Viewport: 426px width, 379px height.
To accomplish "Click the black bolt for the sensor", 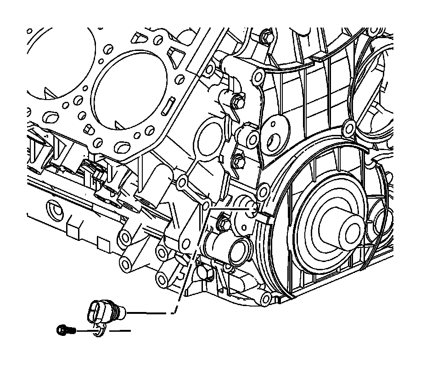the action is coord(63,329).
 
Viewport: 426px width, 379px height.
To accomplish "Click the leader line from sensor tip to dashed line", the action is coord(149,313).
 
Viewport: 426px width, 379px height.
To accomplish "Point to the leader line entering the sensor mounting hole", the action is coord(230,208).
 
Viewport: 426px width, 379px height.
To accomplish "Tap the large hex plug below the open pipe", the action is coord(205,273).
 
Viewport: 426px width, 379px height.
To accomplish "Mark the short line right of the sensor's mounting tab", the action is coord(120,330).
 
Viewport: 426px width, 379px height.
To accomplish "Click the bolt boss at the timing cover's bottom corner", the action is coord(265,299).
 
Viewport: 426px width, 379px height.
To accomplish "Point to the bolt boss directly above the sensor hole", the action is coord(263,191).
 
